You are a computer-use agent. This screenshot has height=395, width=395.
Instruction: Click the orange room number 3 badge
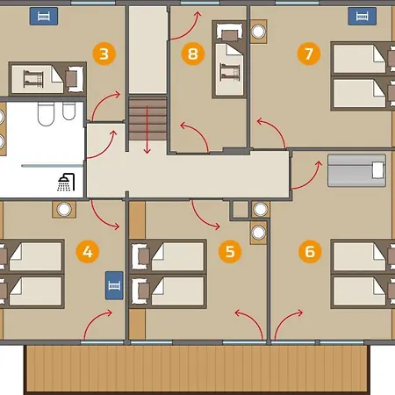coord(104,54)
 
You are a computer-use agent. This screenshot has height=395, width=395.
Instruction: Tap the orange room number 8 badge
coord(192,54)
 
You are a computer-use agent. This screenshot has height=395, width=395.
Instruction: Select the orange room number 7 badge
coord(309,54)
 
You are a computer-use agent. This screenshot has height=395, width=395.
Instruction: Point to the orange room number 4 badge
coord(88,252)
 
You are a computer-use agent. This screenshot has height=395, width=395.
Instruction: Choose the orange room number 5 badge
coord(230,252)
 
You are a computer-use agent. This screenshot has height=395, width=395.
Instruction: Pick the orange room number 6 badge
coord(310,252)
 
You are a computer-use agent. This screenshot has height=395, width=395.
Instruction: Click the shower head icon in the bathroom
coord(66,183)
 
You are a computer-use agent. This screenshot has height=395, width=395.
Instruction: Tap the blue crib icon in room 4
coord(114,285)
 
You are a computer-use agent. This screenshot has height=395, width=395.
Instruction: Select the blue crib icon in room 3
coord(44,17)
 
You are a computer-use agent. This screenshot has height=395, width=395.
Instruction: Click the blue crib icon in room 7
coord(363,17)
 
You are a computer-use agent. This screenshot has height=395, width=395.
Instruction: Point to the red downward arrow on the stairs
coord(147,130)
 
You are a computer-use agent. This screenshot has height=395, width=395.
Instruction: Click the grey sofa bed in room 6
coord(356,170)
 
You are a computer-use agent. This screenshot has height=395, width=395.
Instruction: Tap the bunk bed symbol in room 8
coord(230,73)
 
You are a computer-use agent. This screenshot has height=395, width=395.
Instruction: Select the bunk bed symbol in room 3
coord(33,78)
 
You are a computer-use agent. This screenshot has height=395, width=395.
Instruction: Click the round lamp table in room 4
coord(64,210)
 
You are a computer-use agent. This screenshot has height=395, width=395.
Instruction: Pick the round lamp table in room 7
coord(258,32)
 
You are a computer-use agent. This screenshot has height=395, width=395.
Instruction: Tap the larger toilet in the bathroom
coord(46,113)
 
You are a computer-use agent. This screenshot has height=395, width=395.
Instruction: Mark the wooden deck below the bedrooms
coord(197,370)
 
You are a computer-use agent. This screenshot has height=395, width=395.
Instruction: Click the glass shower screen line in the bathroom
coord(53,166)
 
